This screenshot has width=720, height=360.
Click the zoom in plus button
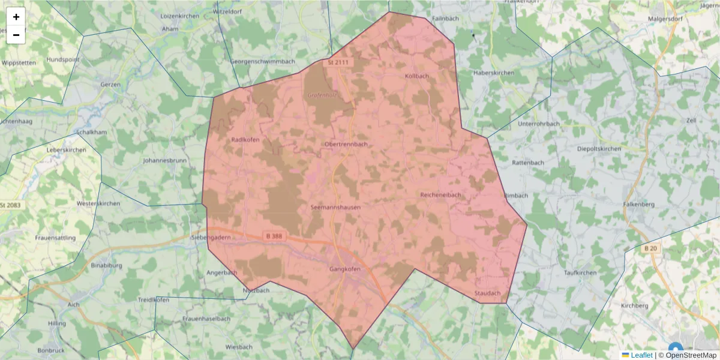[16, 17]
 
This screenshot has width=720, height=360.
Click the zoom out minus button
[16, 35]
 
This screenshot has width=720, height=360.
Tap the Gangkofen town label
[345, 269]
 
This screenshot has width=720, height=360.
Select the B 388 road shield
[273, 236]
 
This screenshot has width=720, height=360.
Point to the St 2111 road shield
[338, 62]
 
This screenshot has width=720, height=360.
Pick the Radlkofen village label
[245, 140]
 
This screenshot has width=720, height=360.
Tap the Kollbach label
[417, 76]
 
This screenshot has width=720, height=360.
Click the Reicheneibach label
[440, 195]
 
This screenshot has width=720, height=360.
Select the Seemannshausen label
[336, 208]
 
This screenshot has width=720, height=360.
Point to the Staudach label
[487, 293]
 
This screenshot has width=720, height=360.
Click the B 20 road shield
[650, 248]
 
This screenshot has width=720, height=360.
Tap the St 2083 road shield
[10, 205]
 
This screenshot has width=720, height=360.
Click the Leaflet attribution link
[641, 355]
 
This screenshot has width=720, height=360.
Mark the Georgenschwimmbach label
[263, 62]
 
